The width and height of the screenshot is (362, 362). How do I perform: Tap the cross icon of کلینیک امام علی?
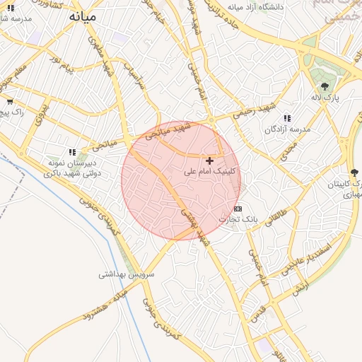[209, 161]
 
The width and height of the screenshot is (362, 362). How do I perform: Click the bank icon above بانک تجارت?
[238, 209]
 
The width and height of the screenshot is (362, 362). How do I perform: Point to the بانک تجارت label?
[237, 219]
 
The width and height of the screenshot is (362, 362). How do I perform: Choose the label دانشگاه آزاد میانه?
[255, 6]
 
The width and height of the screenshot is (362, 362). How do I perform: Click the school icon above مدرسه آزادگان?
[287, 119]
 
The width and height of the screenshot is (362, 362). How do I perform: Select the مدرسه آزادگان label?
[288, 129]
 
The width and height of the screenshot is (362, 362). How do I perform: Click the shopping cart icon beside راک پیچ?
[10, 102]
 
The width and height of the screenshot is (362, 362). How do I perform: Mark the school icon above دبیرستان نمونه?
[72, 152]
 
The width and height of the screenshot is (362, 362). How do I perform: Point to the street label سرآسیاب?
[134, 74]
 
